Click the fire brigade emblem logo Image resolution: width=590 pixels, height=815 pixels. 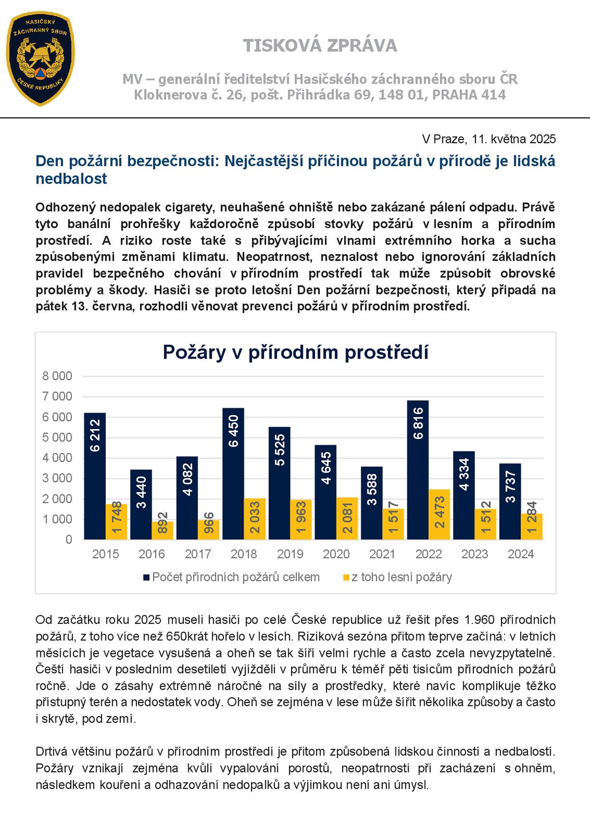(40, 59)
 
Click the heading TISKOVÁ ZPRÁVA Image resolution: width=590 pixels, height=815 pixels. (320, 46)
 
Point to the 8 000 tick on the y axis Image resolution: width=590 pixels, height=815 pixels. (57, 376)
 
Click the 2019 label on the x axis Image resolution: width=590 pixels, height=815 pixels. (290, 554)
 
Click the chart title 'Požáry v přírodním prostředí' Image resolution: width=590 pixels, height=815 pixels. (295, 352)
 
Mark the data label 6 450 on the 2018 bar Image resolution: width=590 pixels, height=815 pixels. (234, 431)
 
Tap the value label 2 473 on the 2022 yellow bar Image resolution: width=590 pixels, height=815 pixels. (440, 512)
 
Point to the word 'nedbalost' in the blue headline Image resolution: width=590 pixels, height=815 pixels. (71, 179)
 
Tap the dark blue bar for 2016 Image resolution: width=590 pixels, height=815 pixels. (141, 504)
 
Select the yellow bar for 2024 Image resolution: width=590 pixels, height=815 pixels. (531, 526)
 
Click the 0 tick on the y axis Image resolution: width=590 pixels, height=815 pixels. (69, 539)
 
